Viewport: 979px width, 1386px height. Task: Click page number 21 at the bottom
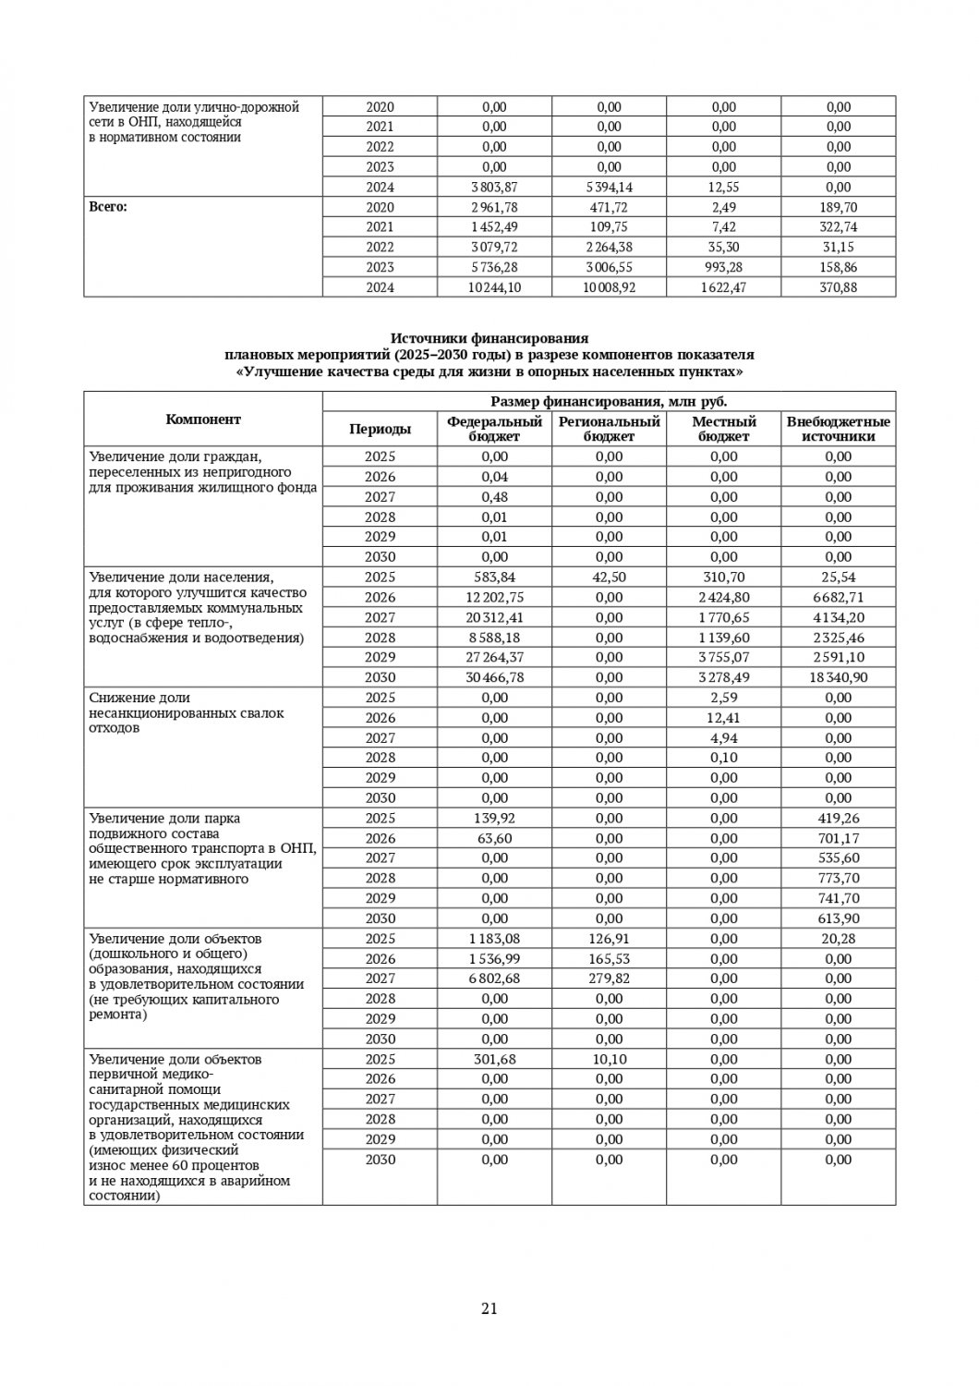pyautogui.click(x=489, y=1308)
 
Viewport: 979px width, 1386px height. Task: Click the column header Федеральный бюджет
pyautogui.click(x=494, y=429)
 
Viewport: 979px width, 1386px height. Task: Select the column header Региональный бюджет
pyautogui.click(x=609, y=429)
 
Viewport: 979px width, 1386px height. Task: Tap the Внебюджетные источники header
pyautogui.click(x=838, y=429)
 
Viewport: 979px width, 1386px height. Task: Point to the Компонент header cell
pyautogui.click(x=203, y=419)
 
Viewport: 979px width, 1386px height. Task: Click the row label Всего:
pyautogui.click(x=108, y=207)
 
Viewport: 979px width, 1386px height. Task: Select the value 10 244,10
pyautogui.click(x=494, y=287)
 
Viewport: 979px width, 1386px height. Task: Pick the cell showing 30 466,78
pyautogui.click(x=494, y=677)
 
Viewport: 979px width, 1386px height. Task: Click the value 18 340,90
pyautogui.click(x=838, y=677)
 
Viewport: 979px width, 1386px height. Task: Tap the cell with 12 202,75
pyautogui.click(x=494, y=597)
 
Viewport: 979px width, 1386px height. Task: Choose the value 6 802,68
pyautogui.click(x=494, y=979)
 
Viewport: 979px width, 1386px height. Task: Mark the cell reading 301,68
pyautogui.click(x=494, y=1059)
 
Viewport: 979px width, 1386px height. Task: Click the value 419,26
pyautogui.click(x=838, y=818)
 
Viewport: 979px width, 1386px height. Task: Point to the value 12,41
pyautogui.click(x=723, y=718)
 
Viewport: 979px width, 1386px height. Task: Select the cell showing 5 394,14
pyautogui.click(x=609, y=187)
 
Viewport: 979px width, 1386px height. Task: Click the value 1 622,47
pyautogui.click(x=723, y=287)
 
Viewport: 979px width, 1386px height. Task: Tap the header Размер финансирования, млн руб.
pyautogui.click(x=609, y=401)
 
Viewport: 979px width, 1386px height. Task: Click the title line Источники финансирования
pyautogui.click(x=489, y=339)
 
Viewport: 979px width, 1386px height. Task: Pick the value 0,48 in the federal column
pyautogui.click(x=494, y=497)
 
